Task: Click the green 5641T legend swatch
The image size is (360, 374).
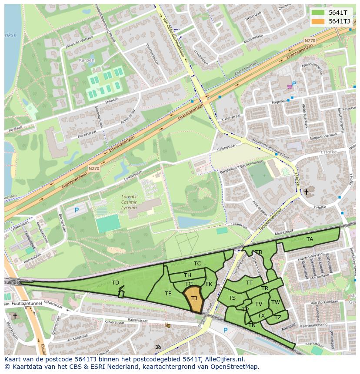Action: (x=318, y=13)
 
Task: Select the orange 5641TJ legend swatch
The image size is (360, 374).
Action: (x=318, y=21)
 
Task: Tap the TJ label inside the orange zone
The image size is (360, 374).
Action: (x=194, y=298)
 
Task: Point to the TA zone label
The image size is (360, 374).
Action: (x=310, y=239)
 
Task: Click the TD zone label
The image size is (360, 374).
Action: (x=115, y=283)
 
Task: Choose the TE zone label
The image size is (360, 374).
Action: (x=168, y=294)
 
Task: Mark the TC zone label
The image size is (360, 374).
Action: (x=197, y=264)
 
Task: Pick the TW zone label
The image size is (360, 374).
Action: (x=275, y=302)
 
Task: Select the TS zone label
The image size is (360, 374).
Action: (x=232, y=298)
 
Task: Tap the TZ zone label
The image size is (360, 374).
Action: (x=278, y=318)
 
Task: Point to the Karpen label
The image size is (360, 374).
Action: (x=87, y=60)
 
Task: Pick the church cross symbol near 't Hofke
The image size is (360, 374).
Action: (x=306, y=192)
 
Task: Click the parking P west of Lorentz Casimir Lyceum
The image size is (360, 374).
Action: (x=77, y=210)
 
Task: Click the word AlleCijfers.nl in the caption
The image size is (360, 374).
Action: (x=223, y=360)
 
